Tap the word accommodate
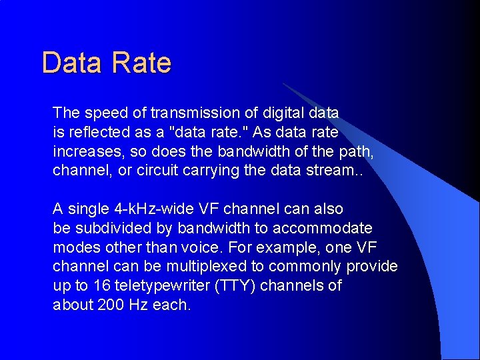pyautogui.click(x=329, y=229)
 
